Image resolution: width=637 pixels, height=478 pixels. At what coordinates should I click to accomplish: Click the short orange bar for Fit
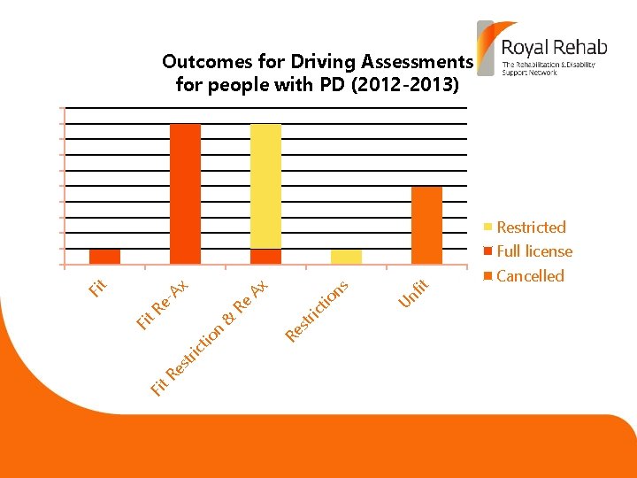pos(104,256)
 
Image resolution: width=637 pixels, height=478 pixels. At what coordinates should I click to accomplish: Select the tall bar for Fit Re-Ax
pos(185,194)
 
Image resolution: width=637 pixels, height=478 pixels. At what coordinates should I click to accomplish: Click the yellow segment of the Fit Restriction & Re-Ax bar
pos(265,186)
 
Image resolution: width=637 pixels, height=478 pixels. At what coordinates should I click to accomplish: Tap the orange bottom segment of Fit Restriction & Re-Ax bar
pos(265,256)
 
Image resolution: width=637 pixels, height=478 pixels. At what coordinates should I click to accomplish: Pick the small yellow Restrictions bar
pos(346,256)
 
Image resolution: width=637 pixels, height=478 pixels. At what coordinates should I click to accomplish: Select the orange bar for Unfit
pos(426,225)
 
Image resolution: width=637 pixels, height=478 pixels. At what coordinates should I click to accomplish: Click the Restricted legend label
pos(531,227)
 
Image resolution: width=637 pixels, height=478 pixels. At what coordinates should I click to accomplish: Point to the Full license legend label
pos(534,251)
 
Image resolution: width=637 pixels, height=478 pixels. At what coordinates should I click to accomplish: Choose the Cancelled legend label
pos(530,276)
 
